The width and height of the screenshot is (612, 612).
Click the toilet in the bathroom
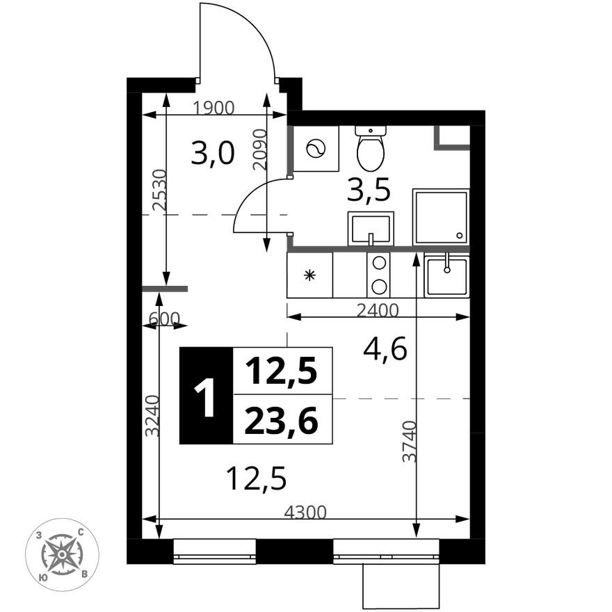[370, 149]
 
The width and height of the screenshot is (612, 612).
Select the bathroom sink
[370, 228]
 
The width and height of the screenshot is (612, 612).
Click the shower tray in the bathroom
[440, 216]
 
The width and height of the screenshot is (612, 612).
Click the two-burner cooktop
[380, 275]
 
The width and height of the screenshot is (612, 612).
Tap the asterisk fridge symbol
[310, 275]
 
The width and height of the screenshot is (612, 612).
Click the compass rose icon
[63, 554]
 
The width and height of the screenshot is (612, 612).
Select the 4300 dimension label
[305, 513]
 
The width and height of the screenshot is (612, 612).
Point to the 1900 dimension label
[215, 108]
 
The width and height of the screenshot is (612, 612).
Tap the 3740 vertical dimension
[410, 442]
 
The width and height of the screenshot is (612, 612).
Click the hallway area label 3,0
[213, 153]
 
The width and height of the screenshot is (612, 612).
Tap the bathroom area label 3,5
[369, 188]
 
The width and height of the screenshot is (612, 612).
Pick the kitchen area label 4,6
[385, 349]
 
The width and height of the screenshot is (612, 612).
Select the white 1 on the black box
[206, 396]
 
